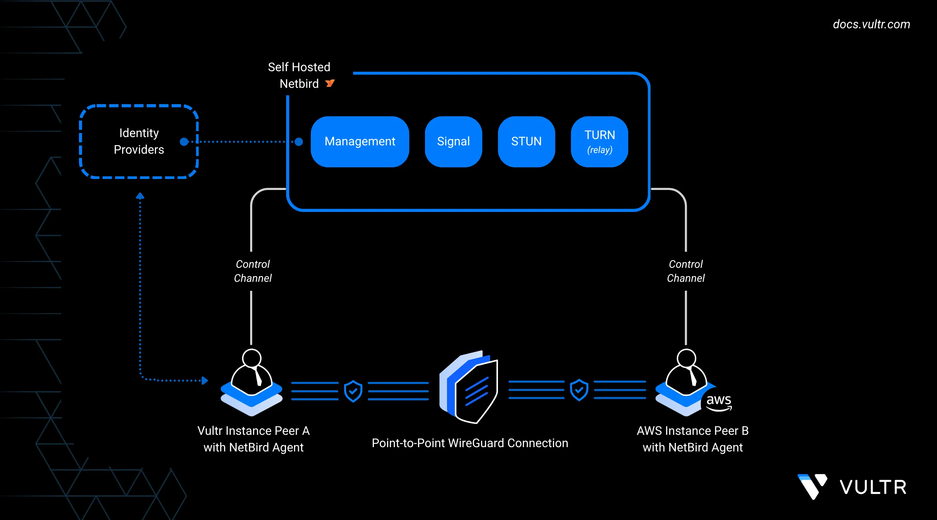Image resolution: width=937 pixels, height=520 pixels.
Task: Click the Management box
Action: (x=360, y=141)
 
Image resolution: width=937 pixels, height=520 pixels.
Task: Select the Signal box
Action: (x=453, y=141)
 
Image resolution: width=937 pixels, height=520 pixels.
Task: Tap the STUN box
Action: (x=526, y=141)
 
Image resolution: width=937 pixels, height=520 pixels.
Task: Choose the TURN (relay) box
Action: (x=600, y=141)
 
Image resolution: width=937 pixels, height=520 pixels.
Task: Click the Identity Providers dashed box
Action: (x=139, y=141)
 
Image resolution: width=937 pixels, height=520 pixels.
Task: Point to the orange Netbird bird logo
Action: (x=330, y=84)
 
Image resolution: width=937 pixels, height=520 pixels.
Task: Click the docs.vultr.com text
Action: (x=871, y=24)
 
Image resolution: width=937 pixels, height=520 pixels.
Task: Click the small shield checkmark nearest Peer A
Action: (x=353, y=391)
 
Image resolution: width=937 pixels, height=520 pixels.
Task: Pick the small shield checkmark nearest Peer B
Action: (x=579, y=390)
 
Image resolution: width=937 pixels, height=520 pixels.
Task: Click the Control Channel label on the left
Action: (x=253, y=271)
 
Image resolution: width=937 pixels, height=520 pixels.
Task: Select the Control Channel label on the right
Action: (x=686, y=271)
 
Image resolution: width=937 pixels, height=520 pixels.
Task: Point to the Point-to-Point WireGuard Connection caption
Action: (x=470, y=443)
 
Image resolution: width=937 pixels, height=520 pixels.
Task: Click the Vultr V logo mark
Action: (x=812, y=486)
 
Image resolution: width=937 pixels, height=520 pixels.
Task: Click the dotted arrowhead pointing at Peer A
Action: (x=205, y=381)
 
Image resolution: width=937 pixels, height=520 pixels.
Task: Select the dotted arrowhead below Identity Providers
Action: (x=140, y=196)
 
